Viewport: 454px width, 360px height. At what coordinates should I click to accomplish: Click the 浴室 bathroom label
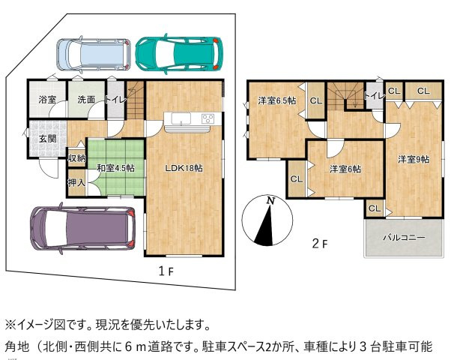coord(48,99)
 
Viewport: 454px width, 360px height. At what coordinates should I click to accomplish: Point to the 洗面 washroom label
coord(85,99)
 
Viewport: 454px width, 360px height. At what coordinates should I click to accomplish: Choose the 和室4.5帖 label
coord(115,168)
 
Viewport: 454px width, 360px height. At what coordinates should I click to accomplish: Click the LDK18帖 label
coord(184,168)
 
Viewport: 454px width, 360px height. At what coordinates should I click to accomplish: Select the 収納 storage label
coord(76,157)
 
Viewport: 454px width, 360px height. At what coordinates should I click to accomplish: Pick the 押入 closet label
coord(76,182)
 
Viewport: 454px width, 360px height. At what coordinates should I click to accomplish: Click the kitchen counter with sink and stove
coord(188,120)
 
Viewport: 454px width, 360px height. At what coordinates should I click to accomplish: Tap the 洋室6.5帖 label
coord(276,100)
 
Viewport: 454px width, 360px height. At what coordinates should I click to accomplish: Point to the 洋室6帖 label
coord(346,169)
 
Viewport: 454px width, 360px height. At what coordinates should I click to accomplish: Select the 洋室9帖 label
coord(413,159)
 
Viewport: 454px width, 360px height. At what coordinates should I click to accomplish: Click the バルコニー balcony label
coord(404,237)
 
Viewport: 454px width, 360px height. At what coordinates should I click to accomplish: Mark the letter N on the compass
coord(270,201)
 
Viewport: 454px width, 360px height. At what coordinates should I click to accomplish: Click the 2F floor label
coord(320,243)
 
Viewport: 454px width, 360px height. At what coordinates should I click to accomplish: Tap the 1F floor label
coord(166,271)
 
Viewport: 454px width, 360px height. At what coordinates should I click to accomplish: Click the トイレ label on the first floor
coord(116,99)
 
